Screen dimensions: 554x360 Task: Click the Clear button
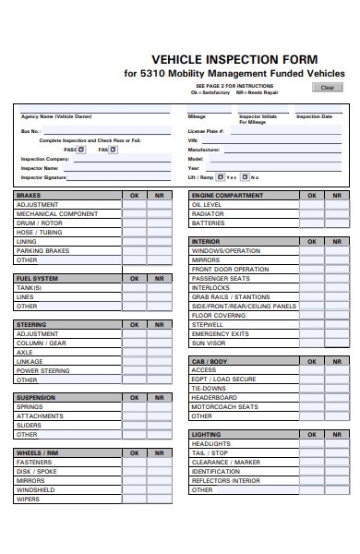327,88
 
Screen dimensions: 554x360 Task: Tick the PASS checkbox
80,149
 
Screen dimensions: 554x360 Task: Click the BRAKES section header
28,196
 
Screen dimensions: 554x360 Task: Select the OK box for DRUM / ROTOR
135,223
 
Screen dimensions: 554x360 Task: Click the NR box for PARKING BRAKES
159,251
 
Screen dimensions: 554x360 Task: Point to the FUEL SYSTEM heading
38,278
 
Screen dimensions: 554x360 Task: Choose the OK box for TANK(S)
135,287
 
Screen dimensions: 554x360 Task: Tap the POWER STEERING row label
42,370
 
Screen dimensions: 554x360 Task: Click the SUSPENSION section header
36,397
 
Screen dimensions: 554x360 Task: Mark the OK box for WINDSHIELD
135,489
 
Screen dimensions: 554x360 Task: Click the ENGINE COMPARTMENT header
226,196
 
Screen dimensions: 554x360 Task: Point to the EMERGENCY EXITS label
220,333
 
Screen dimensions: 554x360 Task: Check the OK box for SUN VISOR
312,343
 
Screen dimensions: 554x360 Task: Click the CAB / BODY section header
209,361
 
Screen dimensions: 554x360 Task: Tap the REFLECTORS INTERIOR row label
225,480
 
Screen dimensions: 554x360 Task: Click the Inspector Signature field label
45,177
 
